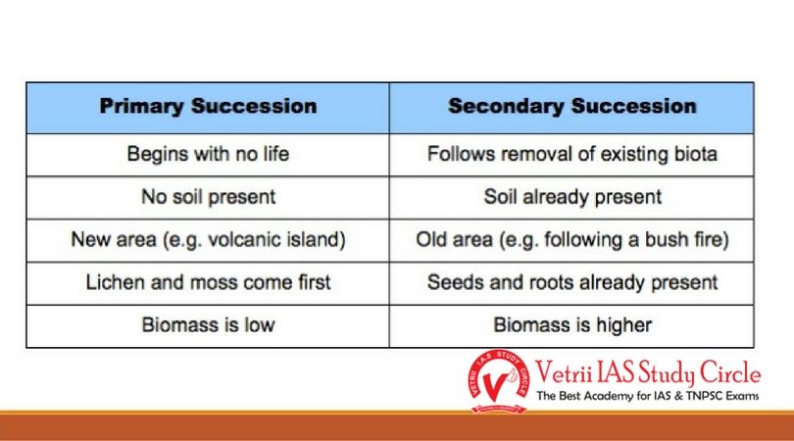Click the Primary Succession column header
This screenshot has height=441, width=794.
coord(208,107)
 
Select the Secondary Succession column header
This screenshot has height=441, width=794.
coord(571,107)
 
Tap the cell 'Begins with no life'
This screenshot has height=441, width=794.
coord(208,155)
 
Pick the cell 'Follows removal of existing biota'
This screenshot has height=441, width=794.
coord(571,155)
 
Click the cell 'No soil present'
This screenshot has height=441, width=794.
coord(208,197)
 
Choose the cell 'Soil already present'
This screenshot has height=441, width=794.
coord(571,197)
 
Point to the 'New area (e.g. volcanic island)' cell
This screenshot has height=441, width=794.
coord(208,240)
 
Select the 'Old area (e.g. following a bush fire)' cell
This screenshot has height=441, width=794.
coord(571,240)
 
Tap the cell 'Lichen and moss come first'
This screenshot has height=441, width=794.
coord(208,282)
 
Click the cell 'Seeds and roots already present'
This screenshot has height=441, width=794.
coord(571,282)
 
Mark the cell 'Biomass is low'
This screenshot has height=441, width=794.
coord(208,324)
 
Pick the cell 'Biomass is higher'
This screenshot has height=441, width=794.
coord(571,324)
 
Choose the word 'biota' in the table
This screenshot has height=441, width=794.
coord(694,155)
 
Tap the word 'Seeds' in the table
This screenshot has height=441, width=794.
coord(454,282)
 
